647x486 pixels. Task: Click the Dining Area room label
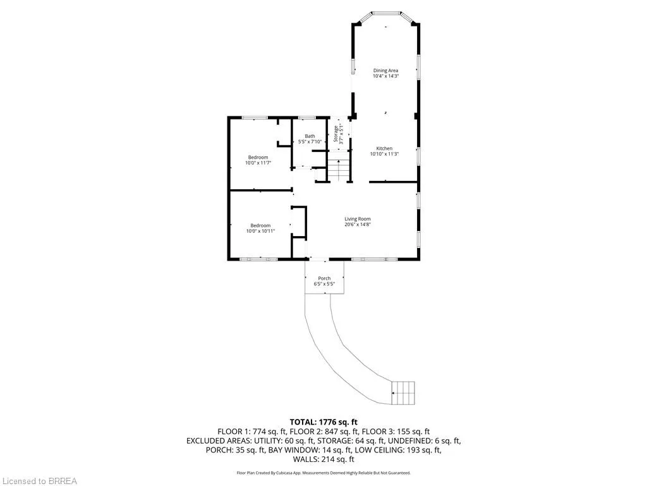pos(386,71)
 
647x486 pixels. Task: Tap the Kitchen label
pos(384,148)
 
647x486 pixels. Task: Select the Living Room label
pos(358,219)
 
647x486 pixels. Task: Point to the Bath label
pos(310,136)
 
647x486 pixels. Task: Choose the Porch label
pos(324,278)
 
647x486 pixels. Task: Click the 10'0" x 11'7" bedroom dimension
pos(258,163)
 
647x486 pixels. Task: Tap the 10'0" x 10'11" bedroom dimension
pos(260,231)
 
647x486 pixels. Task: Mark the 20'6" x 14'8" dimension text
pos(358,225)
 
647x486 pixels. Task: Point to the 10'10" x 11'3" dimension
pos(384,154)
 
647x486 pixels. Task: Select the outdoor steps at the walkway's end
pos(402,393)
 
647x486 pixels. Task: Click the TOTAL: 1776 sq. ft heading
pos(323,422)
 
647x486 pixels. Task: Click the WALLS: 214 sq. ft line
pos(323,459)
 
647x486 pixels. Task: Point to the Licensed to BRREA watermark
pos(39,481)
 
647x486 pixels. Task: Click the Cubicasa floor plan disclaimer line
pos(323,473)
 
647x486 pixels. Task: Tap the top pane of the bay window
pos(386,13)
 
